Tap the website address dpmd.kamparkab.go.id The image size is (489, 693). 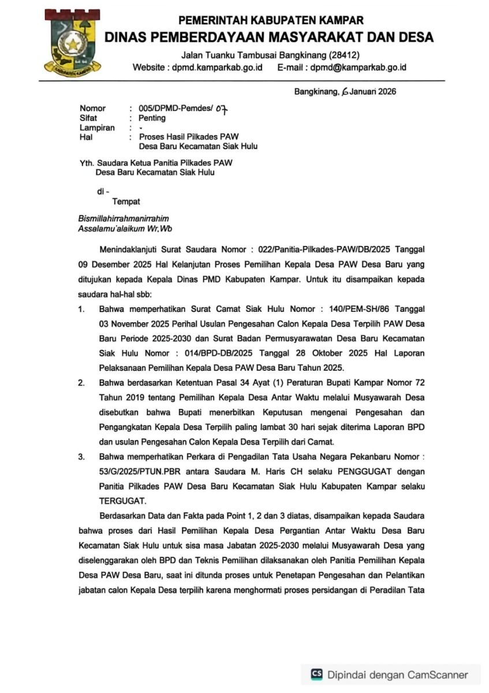[x=218, y=68]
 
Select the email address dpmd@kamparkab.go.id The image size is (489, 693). [x=358, y=68]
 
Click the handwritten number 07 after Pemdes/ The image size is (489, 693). [x=222, y=109]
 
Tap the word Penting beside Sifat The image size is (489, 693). [x=152, y=118]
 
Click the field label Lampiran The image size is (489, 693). [x=97, y=128]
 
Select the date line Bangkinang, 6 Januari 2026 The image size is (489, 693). [x=345, y=91]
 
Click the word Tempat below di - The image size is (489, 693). [x=126, y=202]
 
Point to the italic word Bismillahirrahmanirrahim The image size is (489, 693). [x=124, y=219]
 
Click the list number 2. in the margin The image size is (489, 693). [x=83, y=382]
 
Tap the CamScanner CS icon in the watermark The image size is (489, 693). [x=316, y=674]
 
